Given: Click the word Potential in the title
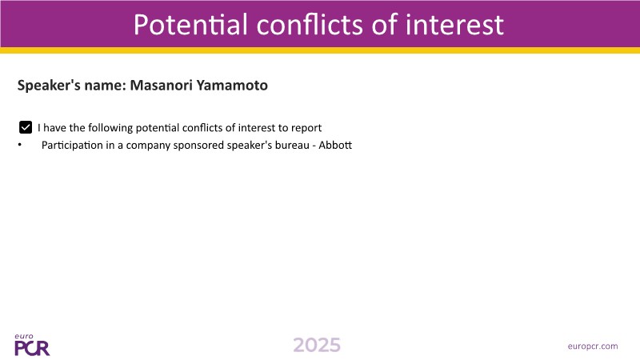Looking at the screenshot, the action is (x=190, y=25).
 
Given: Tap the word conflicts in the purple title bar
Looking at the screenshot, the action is (x=310, y=25).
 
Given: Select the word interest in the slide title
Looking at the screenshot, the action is (x=454, y=25).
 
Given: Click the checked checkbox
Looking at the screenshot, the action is (x=26, y=127).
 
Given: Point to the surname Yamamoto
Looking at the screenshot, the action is (x=232, y=86).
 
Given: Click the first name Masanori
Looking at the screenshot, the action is (x=162, y=86).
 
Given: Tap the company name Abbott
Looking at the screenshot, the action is (x=335, y=146).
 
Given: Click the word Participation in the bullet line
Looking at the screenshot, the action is (x=72, y=146).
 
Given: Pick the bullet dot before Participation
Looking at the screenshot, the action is (x=19, y=145).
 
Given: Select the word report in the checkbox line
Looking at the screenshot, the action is (x=306, y=128).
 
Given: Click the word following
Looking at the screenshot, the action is (x=110, y=128).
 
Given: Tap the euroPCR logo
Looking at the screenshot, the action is (x=32, y=345).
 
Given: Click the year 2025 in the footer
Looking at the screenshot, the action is (x=317, y=346).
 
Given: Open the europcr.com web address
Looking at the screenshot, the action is (x=593, y=346).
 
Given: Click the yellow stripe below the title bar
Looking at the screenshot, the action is (x=320, y=50).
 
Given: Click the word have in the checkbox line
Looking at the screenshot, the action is (x=54, y=128).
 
